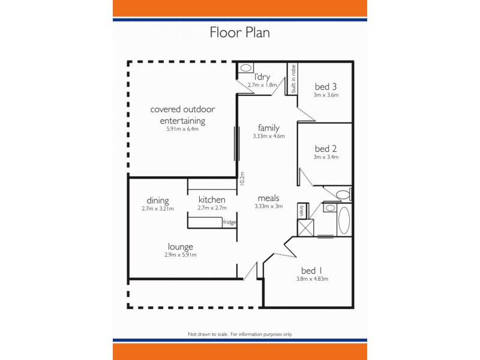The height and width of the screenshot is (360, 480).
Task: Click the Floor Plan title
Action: tap(239, 32)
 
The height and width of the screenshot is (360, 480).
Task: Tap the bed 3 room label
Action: tap(326, 86)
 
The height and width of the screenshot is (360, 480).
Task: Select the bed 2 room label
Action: tap(326, 149)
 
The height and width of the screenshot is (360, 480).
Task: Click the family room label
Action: tap(268, 128)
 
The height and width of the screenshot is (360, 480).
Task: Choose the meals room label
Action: tap(268, 198)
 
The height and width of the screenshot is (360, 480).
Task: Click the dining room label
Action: tap(157, 200)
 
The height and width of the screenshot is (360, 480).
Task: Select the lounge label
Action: tap(180, 247)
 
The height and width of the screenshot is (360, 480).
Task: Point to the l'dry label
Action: tap(262, 77)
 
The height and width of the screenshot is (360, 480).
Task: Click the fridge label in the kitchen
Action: tap(229, 223)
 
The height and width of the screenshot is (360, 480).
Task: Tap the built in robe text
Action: tap(293, 79)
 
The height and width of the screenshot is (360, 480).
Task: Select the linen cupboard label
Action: tap(301, 211)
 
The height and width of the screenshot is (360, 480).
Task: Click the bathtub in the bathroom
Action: tap(344, 220)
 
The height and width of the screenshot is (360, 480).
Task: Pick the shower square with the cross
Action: tap(306, 227)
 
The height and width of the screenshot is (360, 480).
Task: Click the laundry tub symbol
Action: tap(246, 68)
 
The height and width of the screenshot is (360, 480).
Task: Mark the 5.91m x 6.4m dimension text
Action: tap(182, 129)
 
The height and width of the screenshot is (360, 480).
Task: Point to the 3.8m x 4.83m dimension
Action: tap(312, 279)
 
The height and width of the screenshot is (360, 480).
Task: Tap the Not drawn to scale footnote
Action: tap(239, 334)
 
